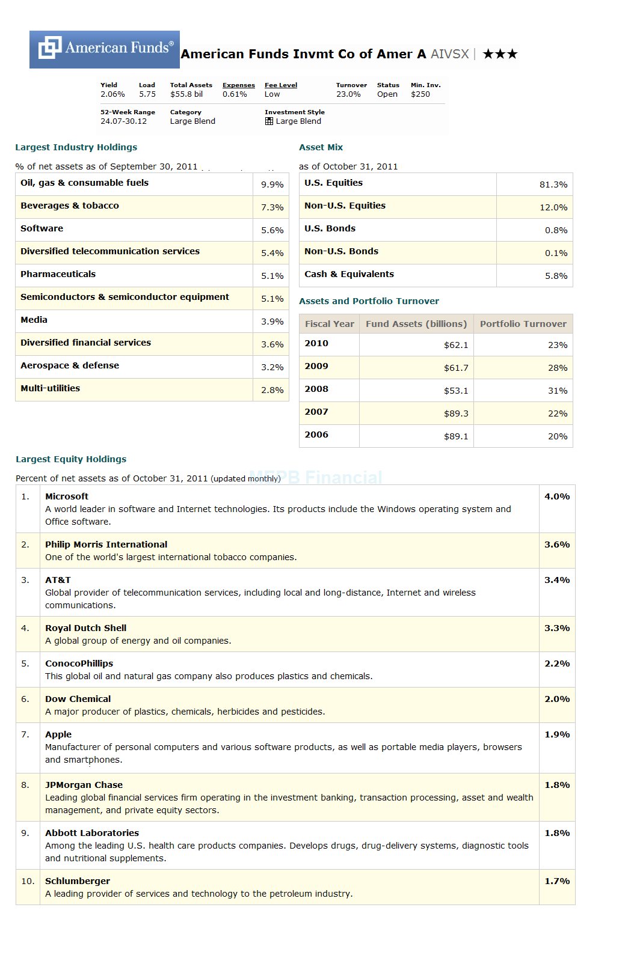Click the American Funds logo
[x=104, y=49]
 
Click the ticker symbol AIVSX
[x=449, y=54]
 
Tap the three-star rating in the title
[x=500, y=54]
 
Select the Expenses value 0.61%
[x=235, y=94]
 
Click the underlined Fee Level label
[x=281, y=85]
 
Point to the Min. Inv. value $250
[x=420, y=94]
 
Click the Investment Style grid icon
[x=269, y=121]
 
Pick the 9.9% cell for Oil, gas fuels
[x=272, y=185]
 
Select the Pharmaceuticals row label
[x=58, y=274]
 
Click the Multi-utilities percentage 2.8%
[x=272, y=390]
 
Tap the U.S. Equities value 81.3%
[x=553, y=185]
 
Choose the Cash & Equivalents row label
[x=349, y=274]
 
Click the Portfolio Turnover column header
[x=523, y=324]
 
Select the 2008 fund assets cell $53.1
[x=455, y=391]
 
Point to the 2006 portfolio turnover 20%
[x=557, y=436]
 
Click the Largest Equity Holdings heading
[x=71, y=459]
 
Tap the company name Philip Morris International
[x=106, y=545]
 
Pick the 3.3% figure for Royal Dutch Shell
[x=556, y=628]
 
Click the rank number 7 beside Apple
[x=25, y=734]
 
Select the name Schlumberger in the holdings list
[x=78, y=881]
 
